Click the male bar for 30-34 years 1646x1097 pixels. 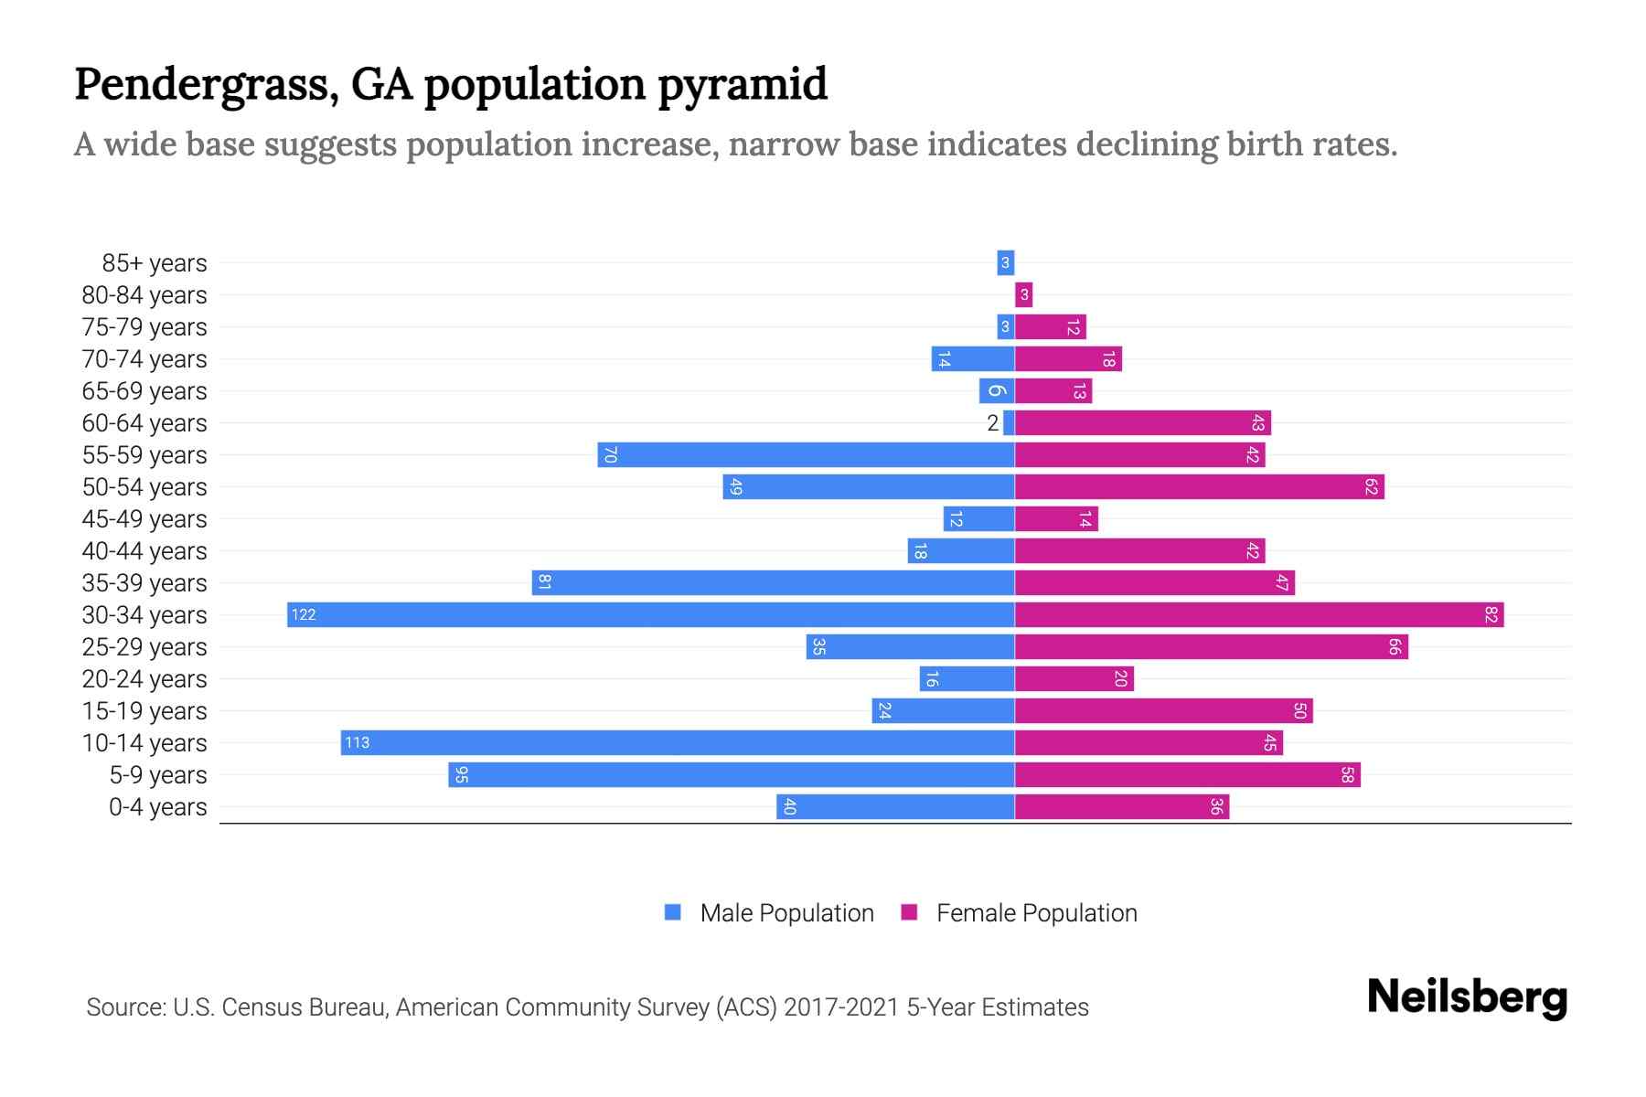point(651,614)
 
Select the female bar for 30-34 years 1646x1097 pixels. point(1259,614)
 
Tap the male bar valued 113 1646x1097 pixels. point(678,742)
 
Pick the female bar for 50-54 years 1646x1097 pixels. point(1199,486)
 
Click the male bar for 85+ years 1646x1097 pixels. point(1005,262)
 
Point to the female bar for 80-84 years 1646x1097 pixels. point(1023,294)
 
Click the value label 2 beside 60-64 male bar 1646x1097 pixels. point(992,422)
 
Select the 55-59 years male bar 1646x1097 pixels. point(806,454)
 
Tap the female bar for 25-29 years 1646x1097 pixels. point(1211,646)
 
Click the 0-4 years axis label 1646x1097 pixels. point(157,806)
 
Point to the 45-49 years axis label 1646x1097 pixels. point(144,518)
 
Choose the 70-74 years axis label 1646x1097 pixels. point(144,358)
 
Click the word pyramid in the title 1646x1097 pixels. point(742,84)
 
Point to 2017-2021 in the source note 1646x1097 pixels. point(841,1006)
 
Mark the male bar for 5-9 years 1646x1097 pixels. point(731,774)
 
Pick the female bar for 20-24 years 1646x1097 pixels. point(1074,678)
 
